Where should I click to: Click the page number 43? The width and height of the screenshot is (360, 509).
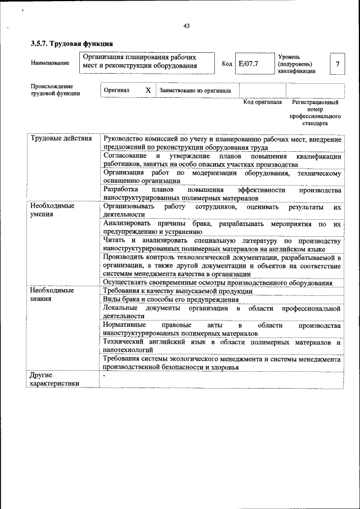pyautogui.click(x=186, y=25)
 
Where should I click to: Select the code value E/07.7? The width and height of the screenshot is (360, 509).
pyautogui.click(x=248, y=64)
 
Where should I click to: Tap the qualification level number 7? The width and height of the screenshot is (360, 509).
pyautogui.click(x=337, y=64)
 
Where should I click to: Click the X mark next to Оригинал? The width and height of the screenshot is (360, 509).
pyautogui.click(x=148, y=90)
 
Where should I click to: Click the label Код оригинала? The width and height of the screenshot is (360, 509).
pyautogui.click(x=262, y=102)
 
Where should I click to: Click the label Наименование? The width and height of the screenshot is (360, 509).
pyautogui.click(x=51, y=64)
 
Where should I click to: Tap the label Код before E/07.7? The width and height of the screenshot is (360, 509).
pyautogui.click(x=227, y=64)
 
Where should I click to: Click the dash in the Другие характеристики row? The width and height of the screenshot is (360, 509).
pyautogui.click(x=105, y=374)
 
